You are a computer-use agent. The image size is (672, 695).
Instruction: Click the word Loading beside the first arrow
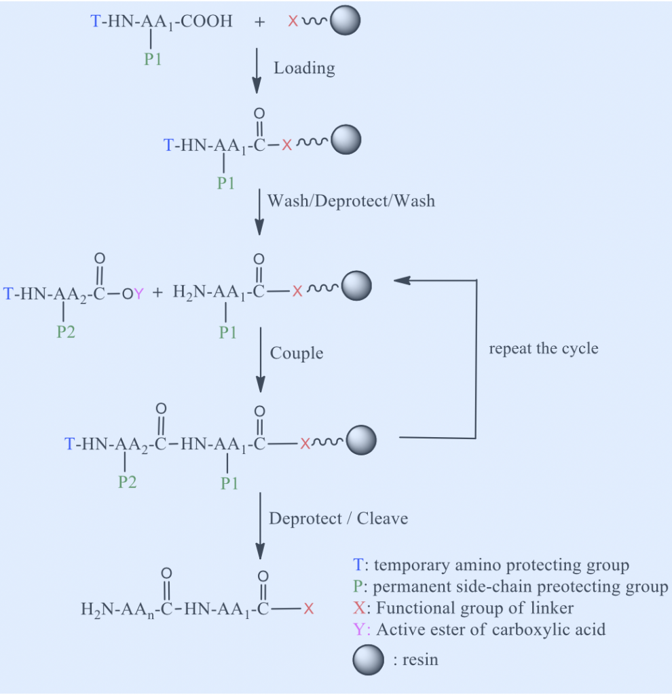pos(304,68)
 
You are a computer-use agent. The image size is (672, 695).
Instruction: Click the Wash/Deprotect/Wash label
pos(351,200)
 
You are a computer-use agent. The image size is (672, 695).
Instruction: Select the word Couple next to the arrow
pos(297,353)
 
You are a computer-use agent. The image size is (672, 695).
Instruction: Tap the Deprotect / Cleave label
pos(339,519)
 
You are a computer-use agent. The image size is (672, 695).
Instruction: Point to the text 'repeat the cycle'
pos(544,349)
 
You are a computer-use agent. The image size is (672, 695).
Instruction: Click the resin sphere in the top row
pos(344,22)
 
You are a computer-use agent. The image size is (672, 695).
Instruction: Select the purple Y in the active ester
pos(138,293)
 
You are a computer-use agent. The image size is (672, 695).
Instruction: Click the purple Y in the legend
pos(360,629)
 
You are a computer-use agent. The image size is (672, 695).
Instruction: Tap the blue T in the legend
pos(358,565)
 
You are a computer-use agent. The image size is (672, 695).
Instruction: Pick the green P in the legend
pos(359,586)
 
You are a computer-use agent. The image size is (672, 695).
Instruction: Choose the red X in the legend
pos(359,608)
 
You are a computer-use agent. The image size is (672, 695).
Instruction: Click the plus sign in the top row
pos(259,22)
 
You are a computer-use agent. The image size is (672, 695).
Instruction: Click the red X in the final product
pos(309,609)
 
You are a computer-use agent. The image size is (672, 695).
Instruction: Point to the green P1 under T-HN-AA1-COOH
pos(153,59)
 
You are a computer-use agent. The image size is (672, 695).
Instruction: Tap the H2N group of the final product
pos(94,609)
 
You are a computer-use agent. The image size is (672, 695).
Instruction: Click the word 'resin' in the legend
pos(419,660)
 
